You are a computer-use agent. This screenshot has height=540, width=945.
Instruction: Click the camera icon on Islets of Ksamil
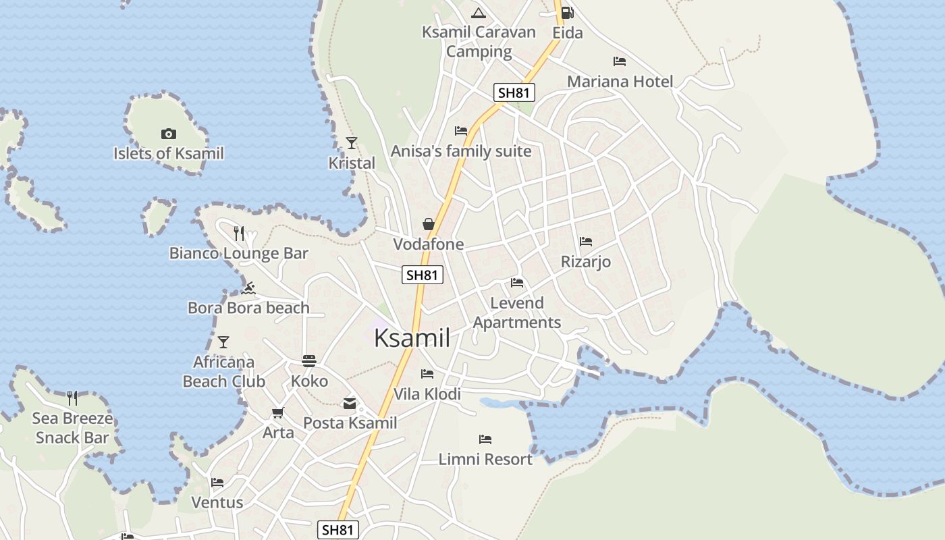click(x=169, y=134)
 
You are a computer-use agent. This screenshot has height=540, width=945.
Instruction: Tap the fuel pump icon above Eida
click(x=567, y=12)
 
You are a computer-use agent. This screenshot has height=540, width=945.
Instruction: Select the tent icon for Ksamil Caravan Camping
click(x=479, y=12)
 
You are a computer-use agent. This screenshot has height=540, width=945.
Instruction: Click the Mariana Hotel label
click(x=620, y=82)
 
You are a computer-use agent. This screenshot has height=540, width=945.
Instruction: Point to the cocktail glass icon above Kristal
click(x=352, y=142)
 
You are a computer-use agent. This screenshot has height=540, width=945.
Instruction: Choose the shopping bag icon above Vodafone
click(x=429, y=223)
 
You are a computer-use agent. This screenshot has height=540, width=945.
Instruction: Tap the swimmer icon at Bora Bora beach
click(x=248, y=288)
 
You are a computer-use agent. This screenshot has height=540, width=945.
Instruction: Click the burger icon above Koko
click(x=309, y=361)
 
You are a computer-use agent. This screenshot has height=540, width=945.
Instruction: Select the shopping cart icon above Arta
click(x=277, y=412)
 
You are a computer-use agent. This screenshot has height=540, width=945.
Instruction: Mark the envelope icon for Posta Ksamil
click(x=350, y=404)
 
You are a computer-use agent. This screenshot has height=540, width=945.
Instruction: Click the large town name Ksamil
click(x=412, y=337)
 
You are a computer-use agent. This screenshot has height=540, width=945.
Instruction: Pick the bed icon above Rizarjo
click(x=586, y=241)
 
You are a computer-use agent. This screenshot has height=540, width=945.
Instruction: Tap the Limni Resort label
click(x=485, y=460)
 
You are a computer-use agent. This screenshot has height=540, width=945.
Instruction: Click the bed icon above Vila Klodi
click(x=427, y=373)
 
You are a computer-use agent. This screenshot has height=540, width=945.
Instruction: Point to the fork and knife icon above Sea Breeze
click(x=72, y=398)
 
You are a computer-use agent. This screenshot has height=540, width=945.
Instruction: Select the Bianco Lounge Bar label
click(x=238, y=254)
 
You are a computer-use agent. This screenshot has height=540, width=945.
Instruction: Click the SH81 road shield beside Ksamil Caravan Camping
click(x=514, y=92)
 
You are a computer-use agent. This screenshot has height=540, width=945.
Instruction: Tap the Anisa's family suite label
click(x=461, y=151)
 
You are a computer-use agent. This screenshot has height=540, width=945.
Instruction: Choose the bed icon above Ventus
click(x=217, y=483)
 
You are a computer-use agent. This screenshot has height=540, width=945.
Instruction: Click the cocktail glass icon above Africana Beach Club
click(x=223, y=342)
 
